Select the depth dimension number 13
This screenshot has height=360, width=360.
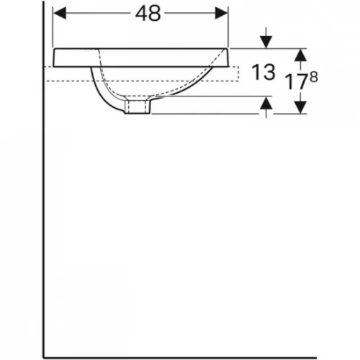264,71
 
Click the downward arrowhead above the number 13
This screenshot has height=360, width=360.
266,42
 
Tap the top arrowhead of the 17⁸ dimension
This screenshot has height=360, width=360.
300,54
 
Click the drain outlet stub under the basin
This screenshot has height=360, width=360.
136,107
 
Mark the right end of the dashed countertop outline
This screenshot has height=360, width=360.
238,74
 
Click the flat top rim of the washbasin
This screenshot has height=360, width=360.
144,49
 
